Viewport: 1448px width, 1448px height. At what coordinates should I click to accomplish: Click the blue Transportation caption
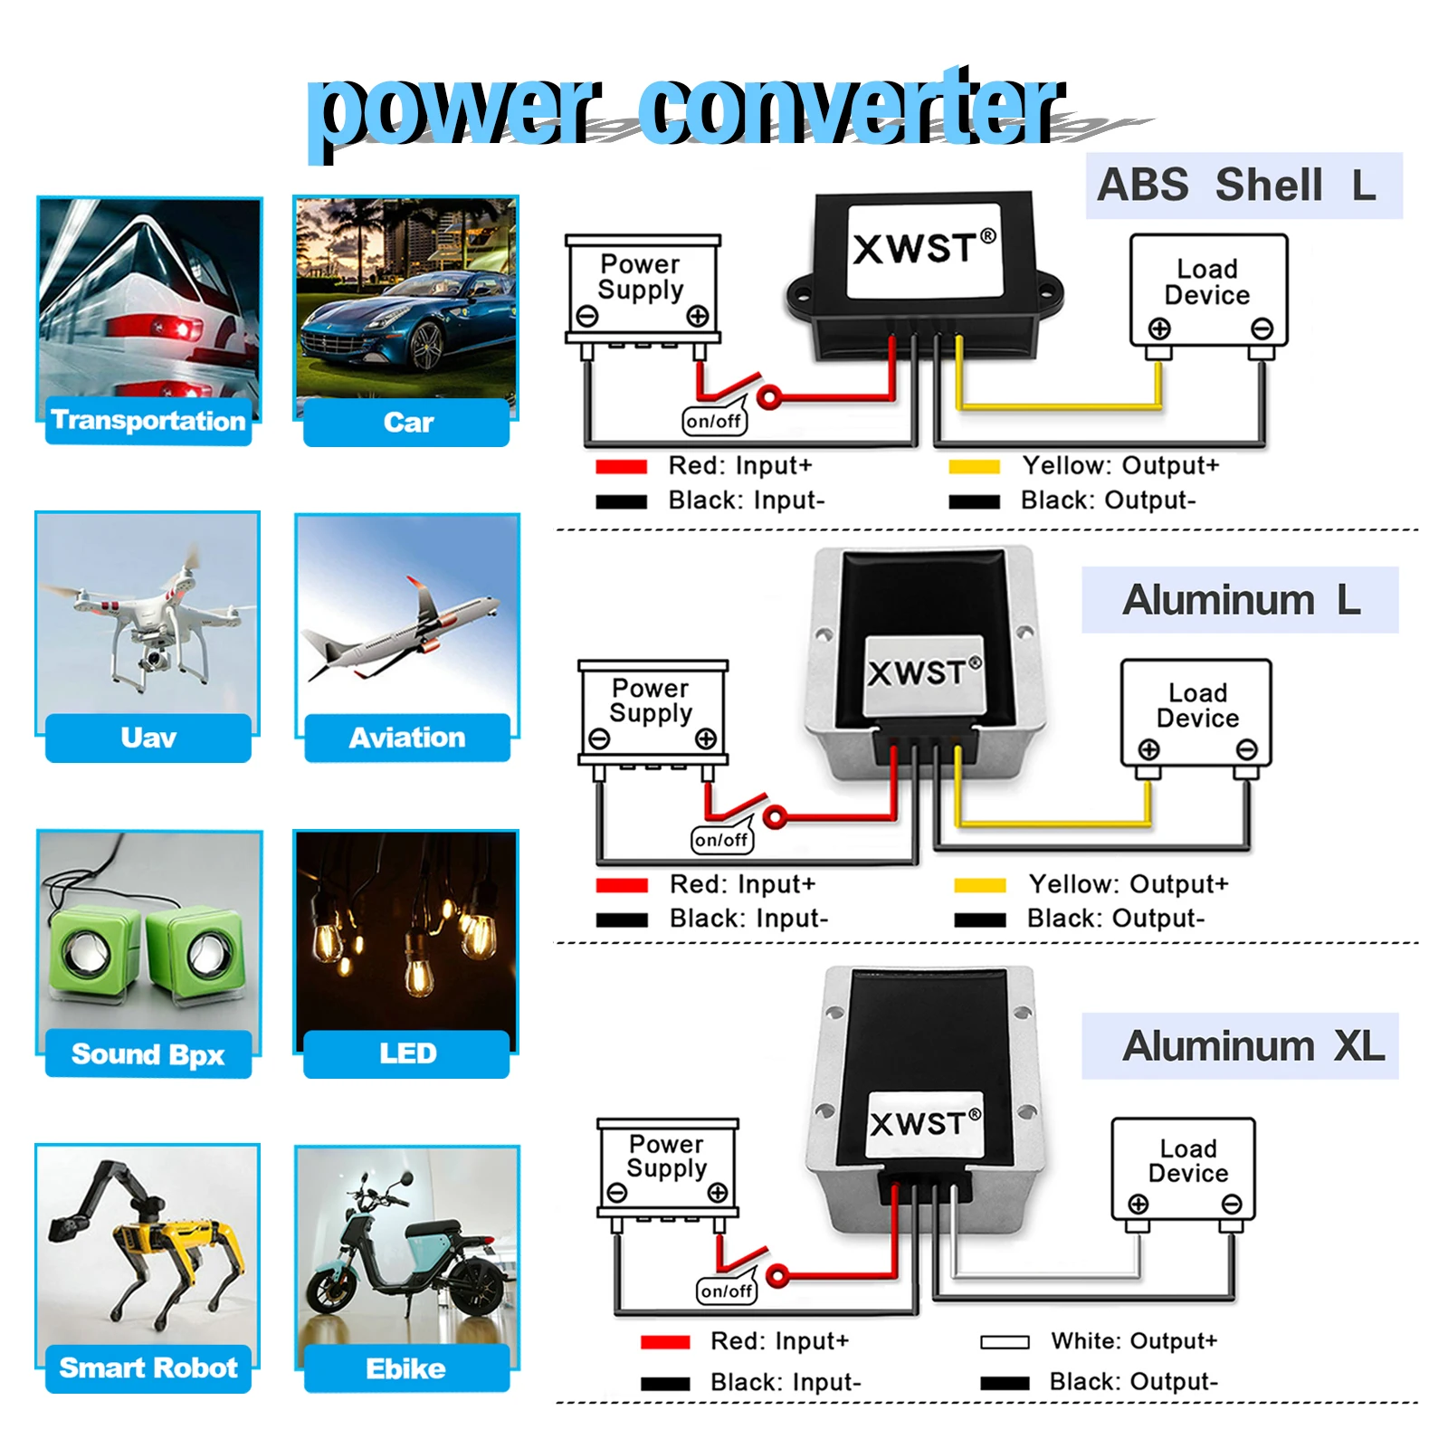tap(148, 421)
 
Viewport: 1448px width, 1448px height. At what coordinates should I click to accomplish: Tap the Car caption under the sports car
tap(407, 423)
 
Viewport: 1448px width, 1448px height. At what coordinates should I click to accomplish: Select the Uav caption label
tap(148, 738)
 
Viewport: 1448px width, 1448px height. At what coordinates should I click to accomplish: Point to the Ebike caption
tap(405, 1368)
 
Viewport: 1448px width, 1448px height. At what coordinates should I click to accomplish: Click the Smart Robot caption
tap(148, 1367)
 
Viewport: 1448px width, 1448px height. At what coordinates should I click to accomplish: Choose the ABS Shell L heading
tap(1243, 186)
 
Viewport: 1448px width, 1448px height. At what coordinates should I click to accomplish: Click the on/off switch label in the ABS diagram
tap(714, 421)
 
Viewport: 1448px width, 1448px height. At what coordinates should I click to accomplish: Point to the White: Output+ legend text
tap(1134, 1340)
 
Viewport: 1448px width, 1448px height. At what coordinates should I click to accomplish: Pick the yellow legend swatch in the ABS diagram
tap(974, 467)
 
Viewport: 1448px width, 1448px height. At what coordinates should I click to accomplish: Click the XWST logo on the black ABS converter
tap(923, 249)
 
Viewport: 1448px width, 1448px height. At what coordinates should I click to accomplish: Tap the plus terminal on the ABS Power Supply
tap(697, 317)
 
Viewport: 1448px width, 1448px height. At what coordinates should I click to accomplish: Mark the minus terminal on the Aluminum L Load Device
tap(1246, 749)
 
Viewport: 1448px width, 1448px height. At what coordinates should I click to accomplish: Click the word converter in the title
tap(851, 109)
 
